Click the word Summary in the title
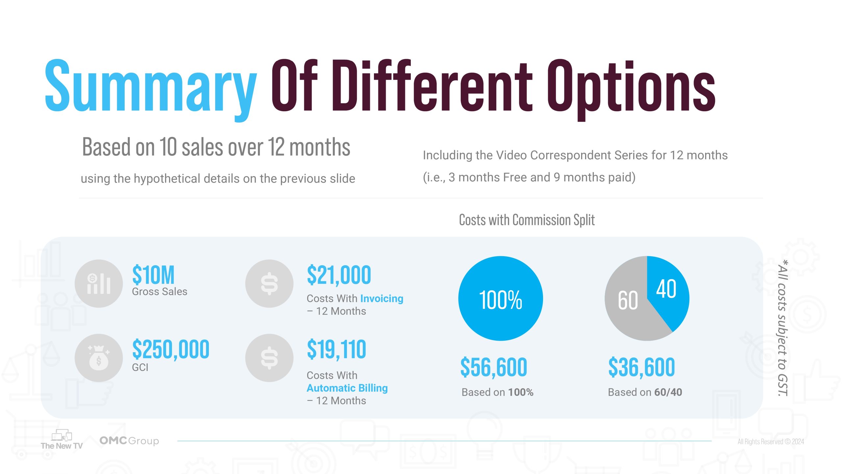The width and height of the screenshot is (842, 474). pyautogui.click(x=151, y=86)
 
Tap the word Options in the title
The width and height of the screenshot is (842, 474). pyautogui.click(x=631, y=86)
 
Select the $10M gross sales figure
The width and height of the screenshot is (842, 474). pyautogui.click(x=153, y=275)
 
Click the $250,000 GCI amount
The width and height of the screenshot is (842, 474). pyautogui.click(x=171, y=349)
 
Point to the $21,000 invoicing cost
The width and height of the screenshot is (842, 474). pyautogui.click(x=339, y=275)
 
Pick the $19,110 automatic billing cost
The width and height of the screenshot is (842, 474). pyautogui.click(x=336, y=349)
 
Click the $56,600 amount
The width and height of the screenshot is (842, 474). pyautogui.click(x=494, y=367)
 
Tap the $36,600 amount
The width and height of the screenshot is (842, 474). pyautogui.click(x=641, y=367)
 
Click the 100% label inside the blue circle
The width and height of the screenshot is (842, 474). pyautogui.click(x=500, y=300)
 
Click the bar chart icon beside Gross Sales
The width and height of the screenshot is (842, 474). pyautogui.click(x=99, y=283)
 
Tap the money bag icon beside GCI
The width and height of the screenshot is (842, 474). pyautogui.click(x=99, y=358)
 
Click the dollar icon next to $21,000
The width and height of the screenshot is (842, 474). pyautogui.click(x=269, y=283)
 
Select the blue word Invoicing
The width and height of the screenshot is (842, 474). pyautogui.click(x=382, y=298)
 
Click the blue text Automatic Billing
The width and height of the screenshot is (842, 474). pyautogui.click(x=347, y=388)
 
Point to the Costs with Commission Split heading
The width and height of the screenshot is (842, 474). pyautogui.click(x=527, y=220)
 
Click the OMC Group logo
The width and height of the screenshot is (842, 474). pyautogui.click(x=129, y=440)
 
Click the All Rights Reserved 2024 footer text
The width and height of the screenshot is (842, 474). pyautogui.click(x=771, y=441)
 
